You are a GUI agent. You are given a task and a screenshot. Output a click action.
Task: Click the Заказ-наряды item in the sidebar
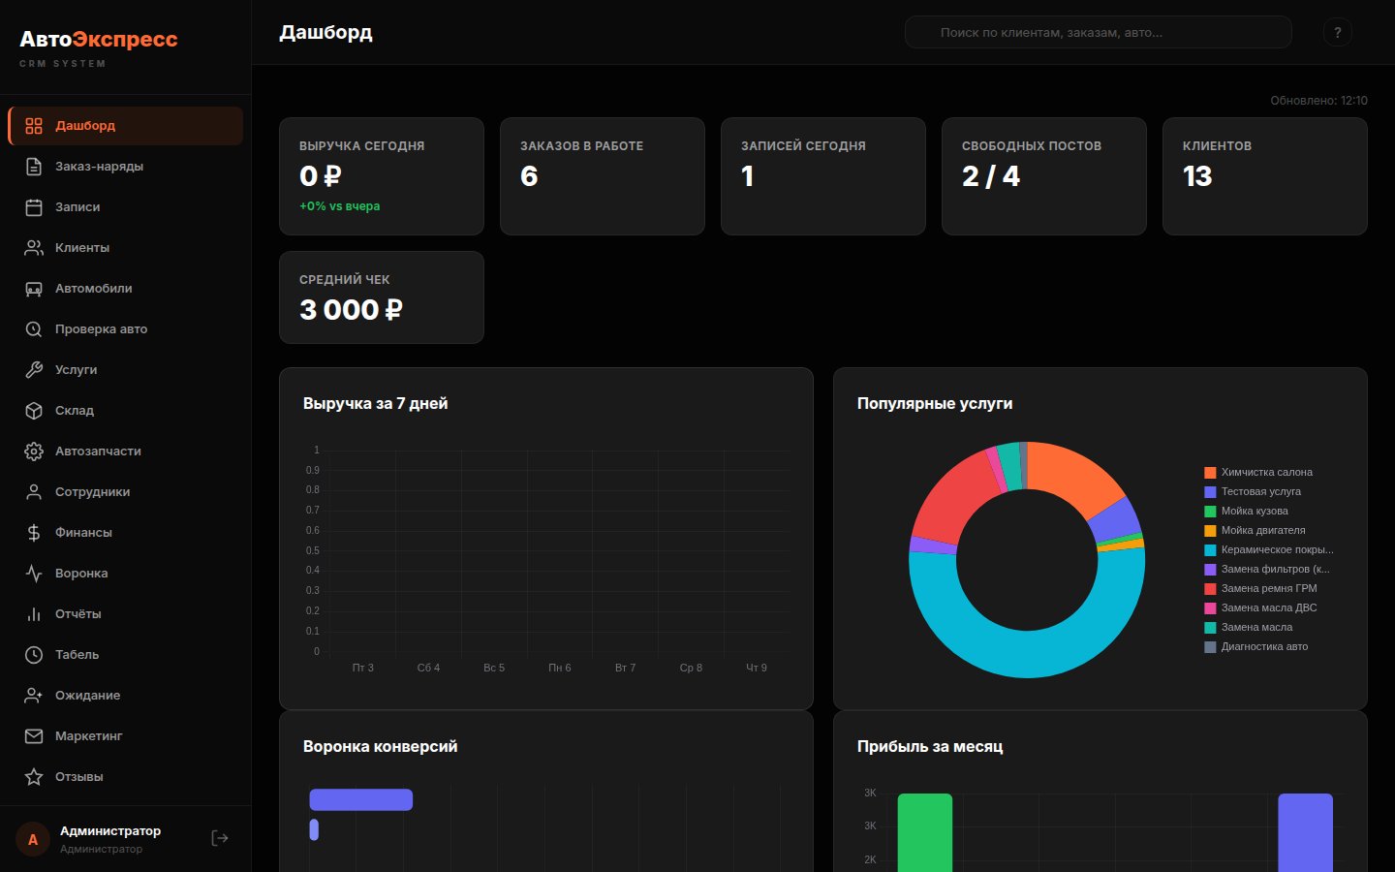pyautogui.click(x=99, y=167)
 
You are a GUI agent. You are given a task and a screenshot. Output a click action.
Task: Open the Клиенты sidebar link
pyautogui.click(x=82, y=248)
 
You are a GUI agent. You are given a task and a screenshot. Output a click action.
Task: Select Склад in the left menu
pyautogui.click(x=75, y=411)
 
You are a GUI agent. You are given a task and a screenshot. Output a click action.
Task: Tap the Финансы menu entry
pyautogui.click(x=83, y=533)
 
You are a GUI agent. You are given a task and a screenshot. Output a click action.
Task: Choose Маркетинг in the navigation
pyautogui.click(x=88, y=736)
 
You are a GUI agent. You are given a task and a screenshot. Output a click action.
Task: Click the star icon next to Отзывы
pyautogui.click(x=34, y=777)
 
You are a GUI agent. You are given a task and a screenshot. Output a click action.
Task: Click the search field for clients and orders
pyautogui.click(x=1098, y=32)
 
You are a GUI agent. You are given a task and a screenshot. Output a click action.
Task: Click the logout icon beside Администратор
pyautogui.click(x=220, y=838)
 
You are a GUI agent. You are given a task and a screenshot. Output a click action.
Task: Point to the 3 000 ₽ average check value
pyautogui.click(x=351, y=310)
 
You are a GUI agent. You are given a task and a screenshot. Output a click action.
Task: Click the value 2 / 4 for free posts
pyautogui.click(x=990, y=176)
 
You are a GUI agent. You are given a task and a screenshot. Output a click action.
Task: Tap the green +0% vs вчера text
pyautogui.click(x=339, y=206)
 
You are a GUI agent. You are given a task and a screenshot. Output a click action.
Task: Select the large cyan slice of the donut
pyautogui.click(x=1027, y=639)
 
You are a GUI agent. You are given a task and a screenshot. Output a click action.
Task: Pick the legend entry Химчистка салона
pyautogui.click(x=1266, y=473)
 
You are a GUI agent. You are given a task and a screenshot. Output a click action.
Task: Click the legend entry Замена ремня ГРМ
pyautogui.click(x=1268, y=589)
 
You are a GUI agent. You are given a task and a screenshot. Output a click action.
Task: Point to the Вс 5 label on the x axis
pyautogui.click(x=494, y=668)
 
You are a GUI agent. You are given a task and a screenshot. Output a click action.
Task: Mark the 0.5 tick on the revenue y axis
pyautogui.click(x=313, y=550)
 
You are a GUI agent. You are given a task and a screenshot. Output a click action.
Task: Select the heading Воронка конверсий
pyautogui.click(x=380, y=747)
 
